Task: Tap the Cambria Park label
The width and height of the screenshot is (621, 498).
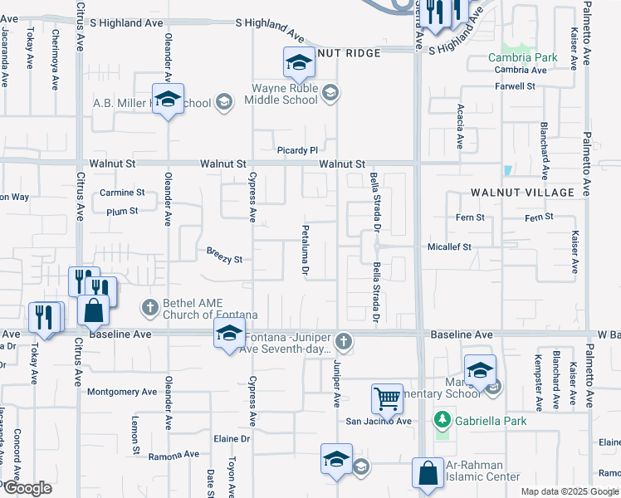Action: click(522, 58)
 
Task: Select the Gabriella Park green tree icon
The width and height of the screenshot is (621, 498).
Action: click(443, 422)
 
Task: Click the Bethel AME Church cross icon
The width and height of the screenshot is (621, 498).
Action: click(150, 307)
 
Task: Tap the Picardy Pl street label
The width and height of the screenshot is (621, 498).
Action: click(297, 150)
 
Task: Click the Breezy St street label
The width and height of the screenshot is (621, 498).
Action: click(224, 260)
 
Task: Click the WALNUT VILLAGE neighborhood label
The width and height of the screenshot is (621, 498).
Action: click(522, 193)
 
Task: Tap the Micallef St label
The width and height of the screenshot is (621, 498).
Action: click(448, 247)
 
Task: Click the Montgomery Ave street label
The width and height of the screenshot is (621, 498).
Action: click(122, 392)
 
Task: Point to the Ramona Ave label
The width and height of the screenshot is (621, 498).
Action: click(174, 455)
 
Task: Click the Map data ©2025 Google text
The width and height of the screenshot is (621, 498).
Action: click(570, 491)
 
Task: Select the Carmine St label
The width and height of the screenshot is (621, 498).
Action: click(122, 193)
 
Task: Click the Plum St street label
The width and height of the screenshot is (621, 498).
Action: click(122, 212)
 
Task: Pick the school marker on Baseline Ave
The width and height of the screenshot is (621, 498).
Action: click(228, 335)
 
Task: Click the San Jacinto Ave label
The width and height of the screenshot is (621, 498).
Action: click(379, 422)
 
